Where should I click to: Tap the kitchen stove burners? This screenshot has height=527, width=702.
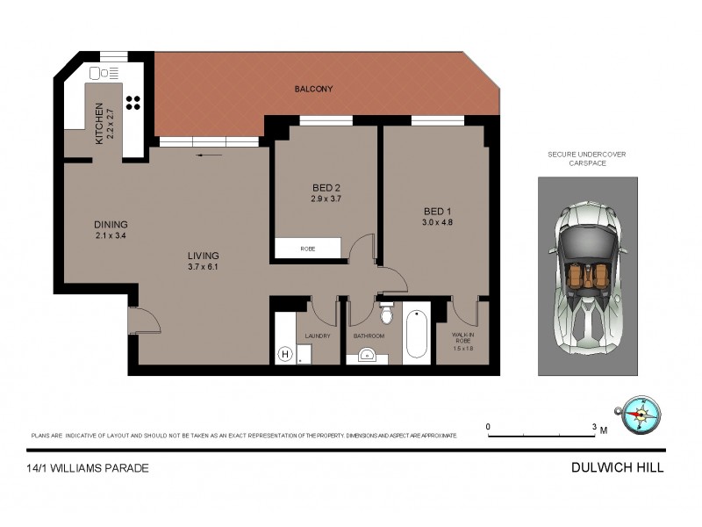[133, 102]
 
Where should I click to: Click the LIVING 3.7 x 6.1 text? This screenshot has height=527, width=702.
[203, 261]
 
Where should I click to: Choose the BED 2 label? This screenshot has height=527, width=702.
[326, 192]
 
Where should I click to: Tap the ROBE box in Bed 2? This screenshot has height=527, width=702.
[307, 249]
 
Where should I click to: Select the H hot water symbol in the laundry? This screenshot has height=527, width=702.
[284, 354]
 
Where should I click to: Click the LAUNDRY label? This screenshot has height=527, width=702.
[317, 336]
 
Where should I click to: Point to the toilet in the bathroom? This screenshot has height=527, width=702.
[385, 313]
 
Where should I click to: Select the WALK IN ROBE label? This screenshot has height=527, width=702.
[462, 341]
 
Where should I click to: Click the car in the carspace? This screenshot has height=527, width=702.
[588, 275]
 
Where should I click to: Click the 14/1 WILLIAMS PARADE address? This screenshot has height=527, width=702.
[89, 468]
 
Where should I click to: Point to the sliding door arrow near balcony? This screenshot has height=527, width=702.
[209, 155]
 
